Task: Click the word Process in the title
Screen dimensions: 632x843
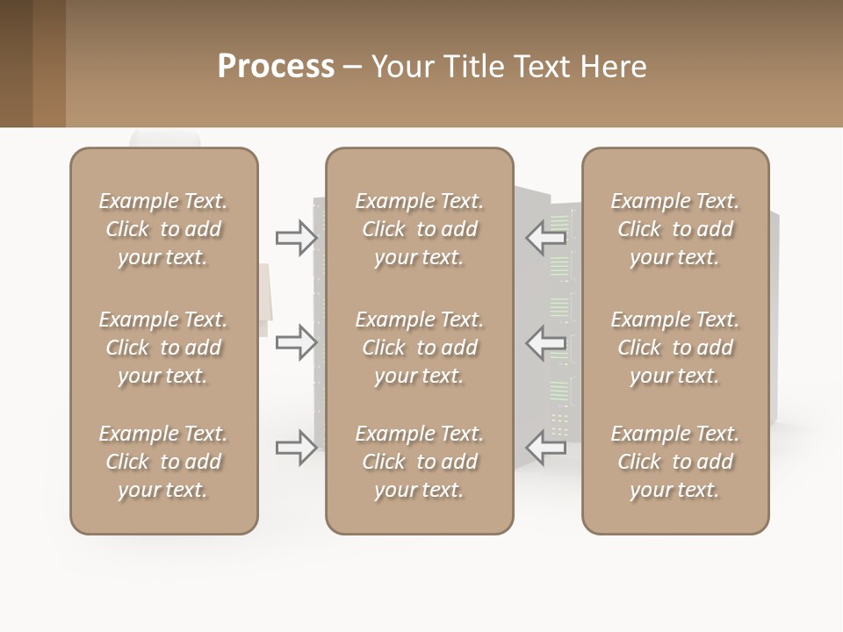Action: point(276,67)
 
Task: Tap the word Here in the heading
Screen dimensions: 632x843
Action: point(614,67)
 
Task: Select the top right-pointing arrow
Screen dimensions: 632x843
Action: point(297,238)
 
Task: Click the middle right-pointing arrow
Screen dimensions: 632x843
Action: point(297,341)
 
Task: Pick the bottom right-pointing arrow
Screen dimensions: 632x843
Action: point(297,448)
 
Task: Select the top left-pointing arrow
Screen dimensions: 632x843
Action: point(546,237)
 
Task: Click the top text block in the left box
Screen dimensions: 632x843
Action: point(163,229)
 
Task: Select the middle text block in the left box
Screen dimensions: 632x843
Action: point(163,348)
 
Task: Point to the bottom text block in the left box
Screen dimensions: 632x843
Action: point(163,462)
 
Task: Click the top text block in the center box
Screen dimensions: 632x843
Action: point(420,229)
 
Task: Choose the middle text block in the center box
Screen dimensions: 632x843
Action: point(420,348)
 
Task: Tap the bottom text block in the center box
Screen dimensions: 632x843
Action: point(420,462)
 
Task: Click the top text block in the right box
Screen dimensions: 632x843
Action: point(675,229)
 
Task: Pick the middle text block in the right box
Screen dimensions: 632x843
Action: point(675,348)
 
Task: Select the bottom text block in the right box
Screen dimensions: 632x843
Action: point(675,462)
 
